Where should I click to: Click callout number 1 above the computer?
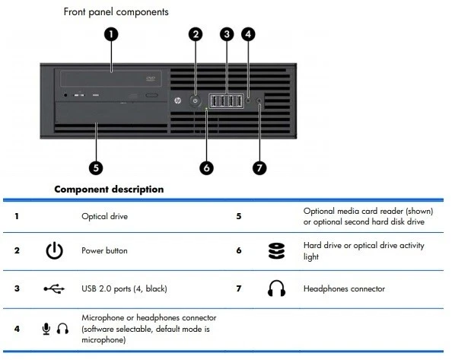(112, 34)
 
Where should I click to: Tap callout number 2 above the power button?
(196, 34)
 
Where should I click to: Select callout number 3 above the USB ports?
(227, 34)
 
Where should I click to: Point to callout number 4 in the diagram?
(248, 34)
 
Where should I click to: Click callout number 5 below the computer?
(97, 167)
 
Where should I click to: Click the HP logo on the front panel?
(177, 100)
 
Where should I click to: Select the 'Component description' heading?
(108, 188)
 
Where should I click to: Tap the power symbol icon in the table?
(53, 250)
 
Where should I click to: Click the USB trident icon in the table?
(53, 289)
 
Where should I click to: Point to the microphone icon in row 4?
(46, 329)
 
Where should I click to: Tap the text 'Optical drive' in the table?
(104, 216)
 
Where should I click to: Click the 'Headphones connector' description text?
(344, 289)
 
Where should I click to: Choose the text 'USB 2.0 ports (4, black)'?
(123, 289)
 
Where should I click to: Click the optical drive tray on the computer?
(111, 78)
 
